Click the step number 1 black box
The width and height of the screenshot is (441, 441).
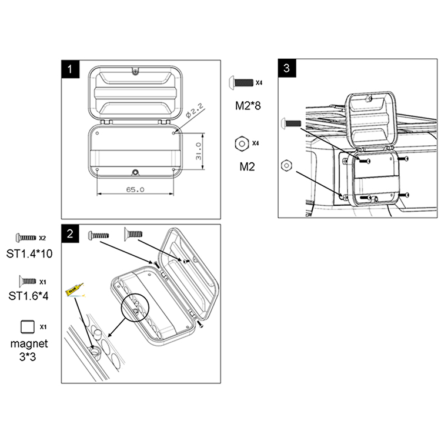[x=71, y=69]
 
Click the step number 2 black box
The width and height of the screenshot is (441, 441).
[x=71, y=233]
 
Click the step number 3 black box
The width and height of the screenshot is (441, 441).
[x=287, y=68]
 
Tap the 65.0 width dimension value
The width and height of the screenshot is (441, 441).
[x=135, y=189]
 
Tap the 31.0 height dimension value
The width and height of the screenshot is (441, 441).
[x=199, y=151]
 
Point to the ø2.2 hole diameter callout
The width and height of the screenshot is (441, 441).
[x=195, y=110]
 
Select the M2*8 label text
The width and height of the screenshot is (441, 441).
[x=248, y=105]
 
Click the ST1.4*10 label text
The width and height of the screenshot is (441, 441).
[x=29, y=253]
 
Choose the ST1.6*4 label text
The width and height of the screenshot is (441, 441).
[x=28, y=296]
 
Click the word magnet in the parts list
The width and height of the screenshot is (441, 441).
[x=29, y=344]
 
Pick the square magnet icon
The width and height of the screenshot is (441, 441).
[x=28, y=327]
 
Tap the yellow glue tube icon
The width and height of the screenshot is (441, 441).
[x=74, y=289]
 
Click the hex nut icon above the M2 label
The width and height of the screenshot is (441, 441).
[x=242, y=143]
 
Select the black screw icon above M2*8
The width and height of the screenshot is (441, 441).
[x=241, y=83]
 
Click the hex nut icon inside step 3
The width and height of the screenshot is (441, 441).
[x=286, y=165]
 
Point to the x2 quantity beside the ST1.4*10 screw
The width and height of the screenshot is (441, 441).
[x=42, y=238]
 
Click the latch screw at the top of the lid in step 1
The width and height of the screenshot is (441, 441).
[x=136, y=72]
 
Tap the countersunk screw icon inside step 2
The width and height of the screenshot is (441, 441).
[x=133, y=234]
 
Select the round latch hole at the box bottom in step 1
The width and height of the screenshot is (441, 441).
[x=136, y=172]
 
